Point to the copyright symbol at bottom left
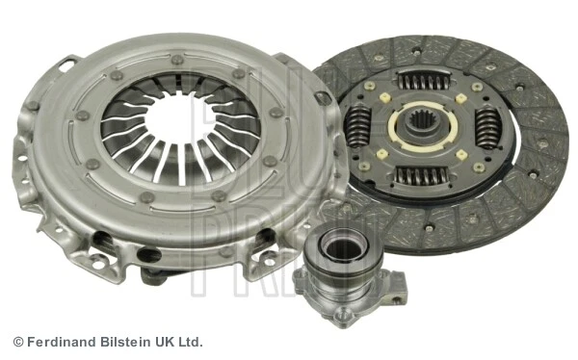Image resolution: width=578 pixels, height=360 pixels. coord(17,342)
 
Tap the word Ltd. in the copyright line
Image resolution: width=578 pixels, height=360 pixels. coord(192,342)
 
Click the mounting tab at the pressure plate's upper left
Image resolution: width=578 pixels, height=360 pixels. coord(66,66)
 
